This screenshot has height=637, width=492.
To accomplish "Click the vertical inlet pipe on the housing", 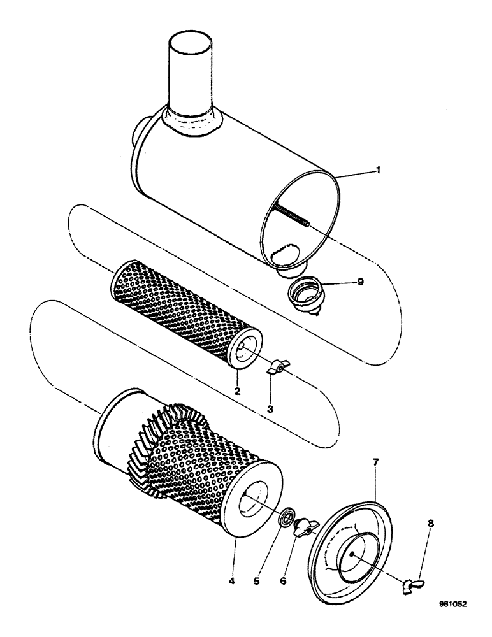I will click(x=189, y=73).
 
